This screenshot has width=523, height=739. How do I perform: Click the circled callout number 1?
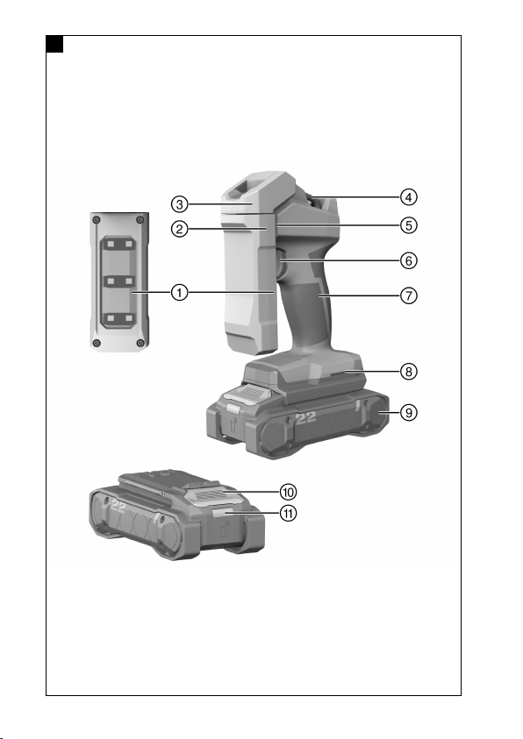[x=179, y=293]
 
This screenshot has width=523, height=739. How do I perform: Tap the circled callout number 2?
[x=179, y=230]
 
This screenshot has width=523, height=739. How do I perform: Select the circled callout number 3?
[x=179, y=204]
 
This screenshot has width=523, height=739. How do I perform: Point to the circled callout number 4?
[x=409, y=197]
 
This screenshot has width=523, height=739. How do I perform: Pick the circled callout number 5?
[x=409, y=225]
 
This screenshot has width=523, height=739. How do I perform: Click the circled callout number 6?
[x=409, y=260]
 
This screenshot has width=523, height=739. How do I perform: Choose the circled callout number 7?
[x=409, y=296]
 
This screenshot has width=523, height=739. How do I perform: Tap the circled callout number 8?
[x=409, y=372]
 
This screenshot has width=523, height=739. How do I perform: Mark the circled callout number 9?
[x=409, y=413]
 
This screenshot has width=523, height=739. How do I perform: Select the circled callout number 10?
[x=288, y=492]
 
